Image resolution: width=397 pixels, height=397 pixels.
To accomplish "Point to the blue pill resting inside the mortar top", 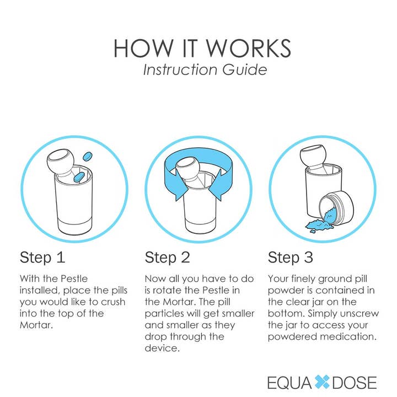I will point(79,175).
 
